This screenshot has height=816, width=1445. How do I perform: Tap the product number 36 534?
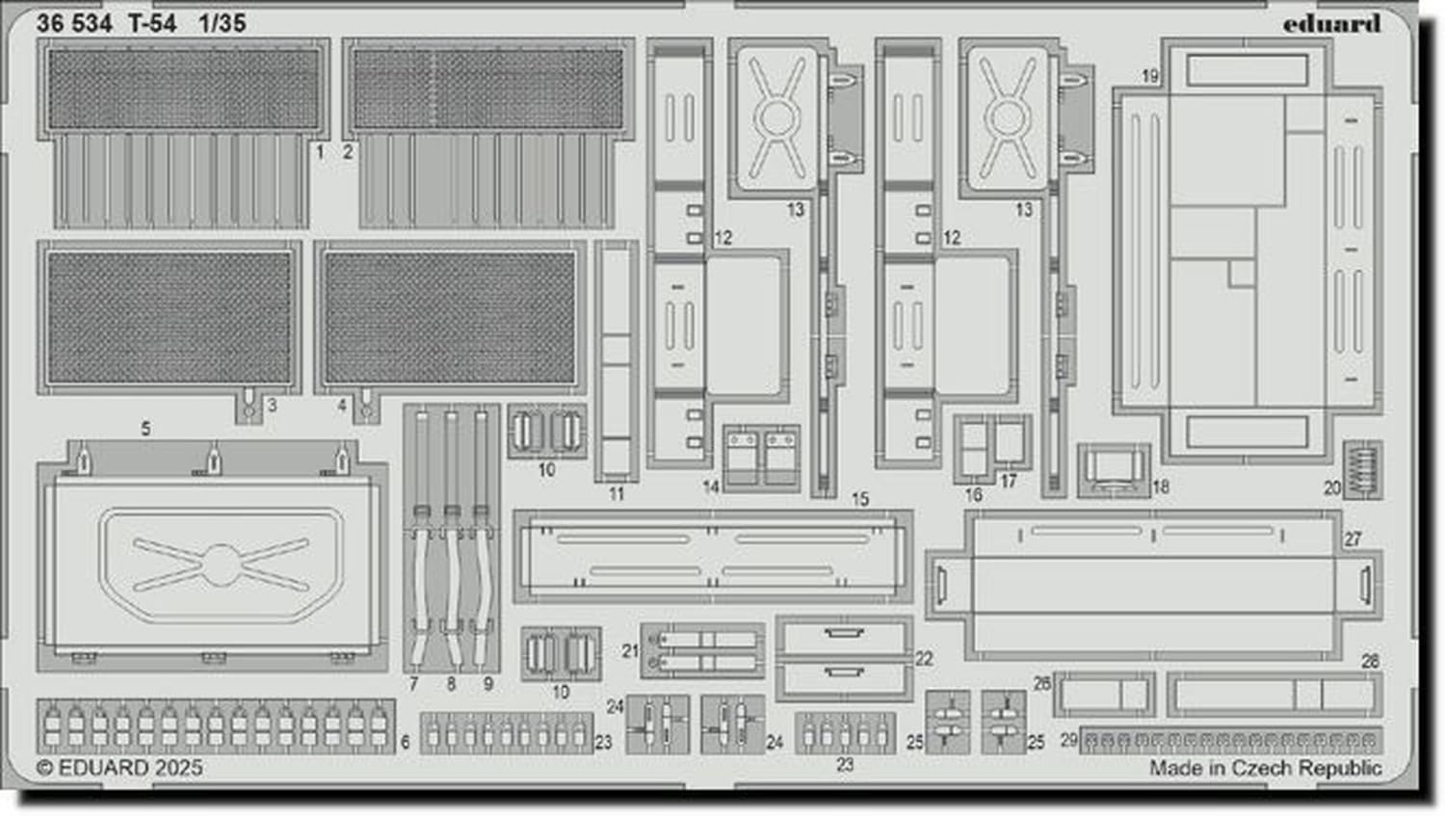[x=74, y=24]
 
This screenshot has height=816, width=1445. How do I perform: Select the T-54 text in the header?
[x=152, y=24]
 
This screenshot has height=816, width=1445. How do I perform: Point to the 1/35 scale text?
[x=223, y=24]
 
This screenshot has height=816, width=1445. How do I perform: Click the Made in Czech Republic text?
[x=1265, y=768]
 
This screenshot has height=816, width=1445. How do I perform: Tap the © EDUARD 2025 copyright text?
[x=119, y=768]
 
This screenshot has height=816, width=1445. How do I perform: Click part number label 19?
[x=1149, y=76]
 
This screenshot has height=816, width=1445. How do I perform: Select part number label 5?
[x=145, y=428]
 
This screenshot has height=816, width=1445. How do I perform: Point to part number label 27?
[x=1353, y=539]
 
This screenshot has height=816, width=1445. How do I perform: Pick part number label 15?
[x=859, y=499]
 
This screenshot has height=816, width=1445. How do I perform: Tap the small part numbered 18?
[x=1113, y=471]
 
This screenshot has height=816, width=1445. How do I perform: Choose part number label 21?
[x=629, y=651]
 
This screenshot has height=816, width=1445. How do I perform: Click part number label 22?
[x=924, y=658]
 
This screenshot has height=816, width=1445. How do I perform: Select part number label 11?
[x=617, y=493]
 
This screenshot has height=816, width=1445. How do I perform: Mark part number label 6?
[x=405, y=742]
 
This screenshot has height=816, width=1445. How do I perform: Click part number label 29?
[x=1068, y=740]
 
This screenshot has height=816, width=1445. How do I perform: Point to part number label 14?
[x=711, y=487]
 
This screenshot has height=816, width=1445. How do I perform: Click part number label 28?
[x=1370, y=661]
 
